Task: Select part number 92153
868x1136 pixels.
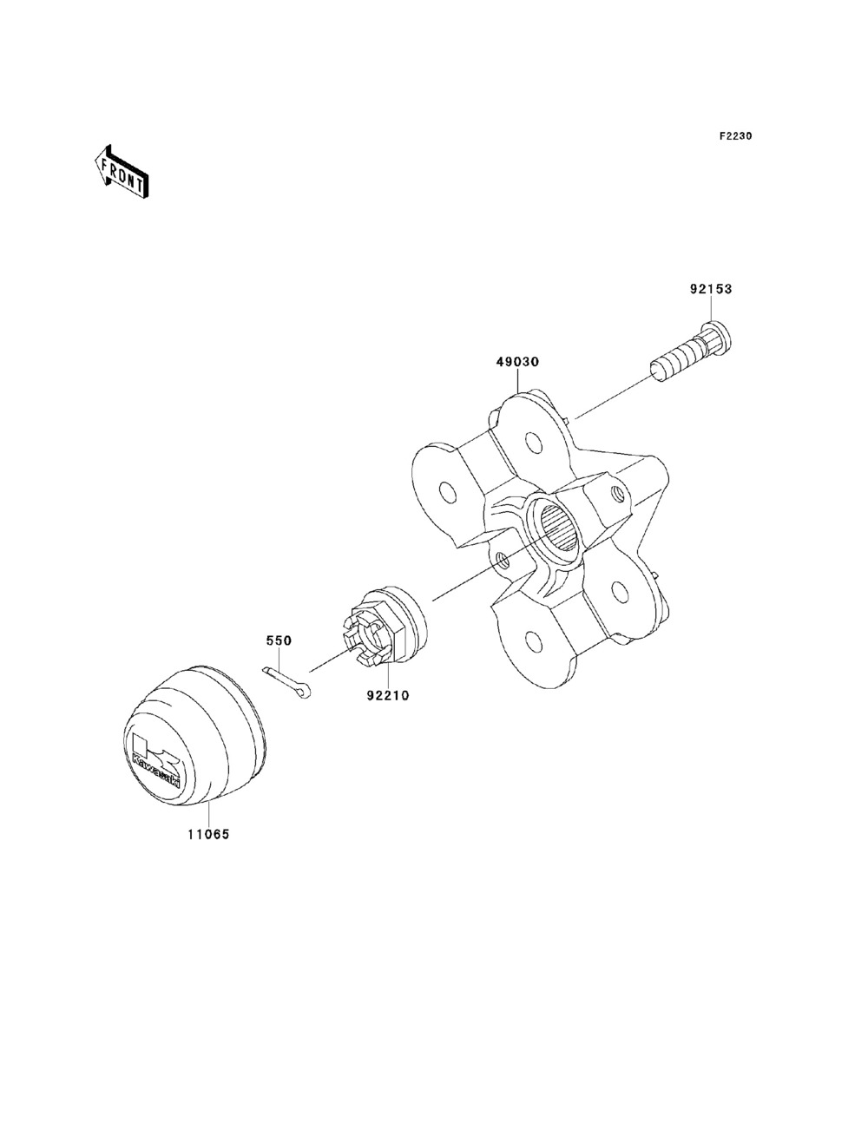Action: (x=711, y=289)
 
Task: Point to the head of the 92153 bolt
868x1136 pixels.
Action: (x=717, y=333)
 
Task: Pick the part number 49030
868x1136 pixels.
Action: (x=518, y=361)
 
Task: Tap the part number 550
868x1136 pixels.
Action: (x=279, y=640)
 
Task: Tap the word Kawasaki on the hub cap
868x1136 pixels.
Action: (x=156, y=769)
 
